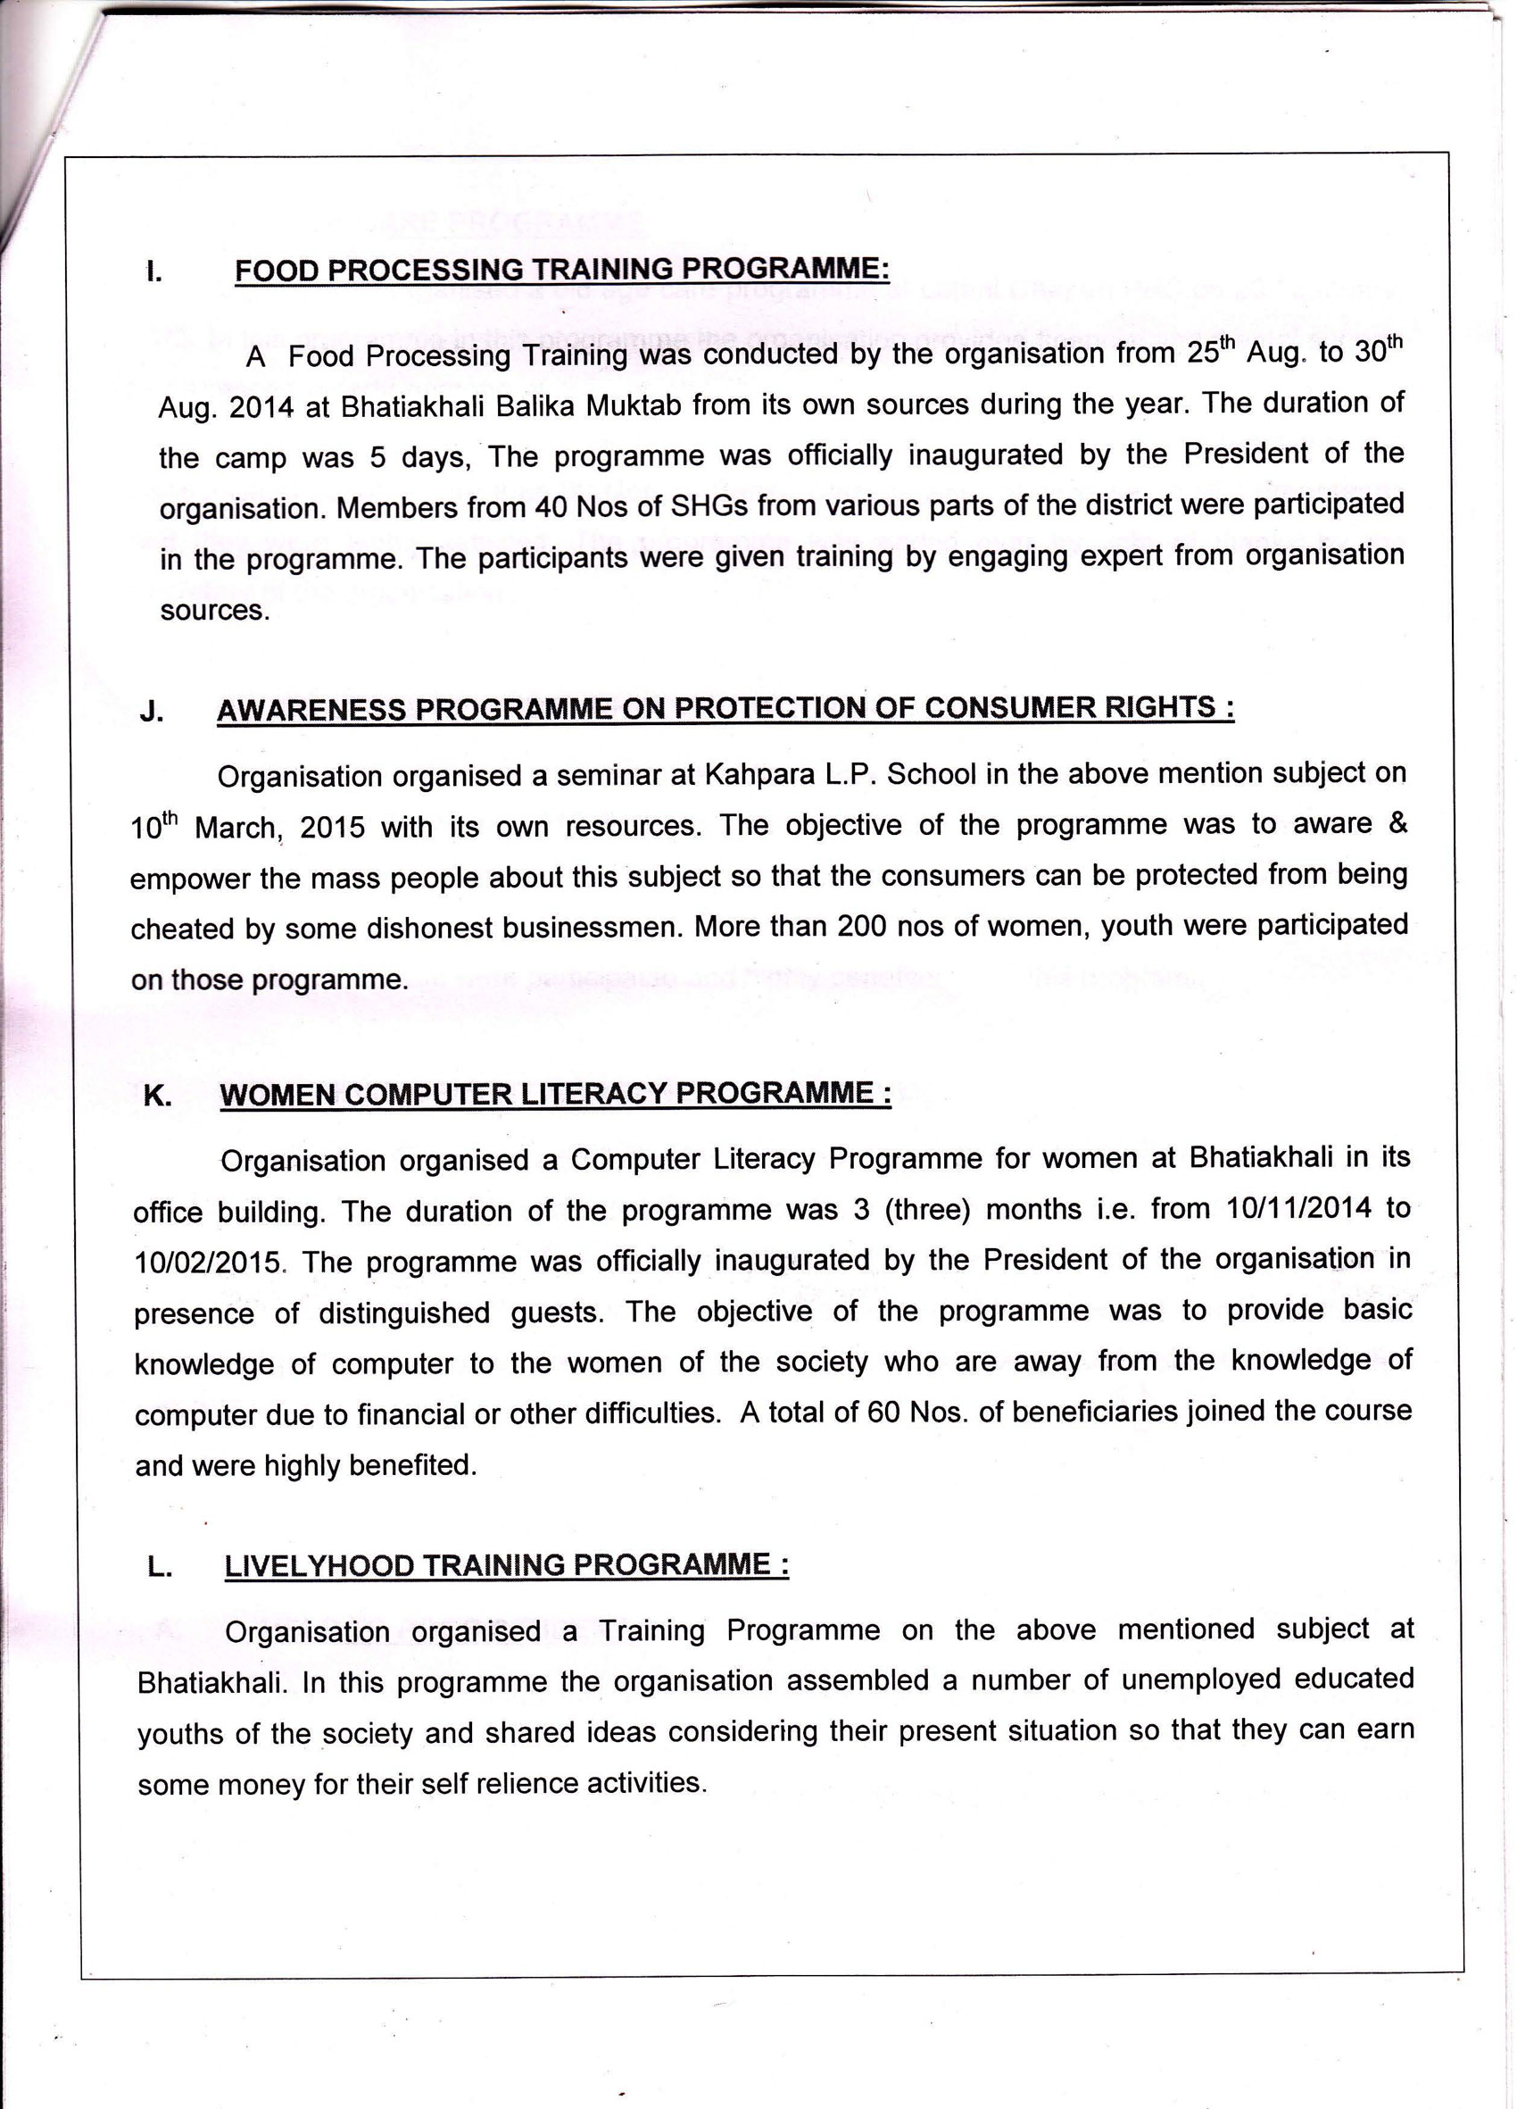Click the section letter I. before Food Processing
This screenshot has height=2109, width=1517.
154,272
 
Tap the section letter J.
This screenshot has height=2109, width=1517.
152,713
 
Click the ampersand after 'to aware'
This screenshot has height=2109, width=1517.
1397,823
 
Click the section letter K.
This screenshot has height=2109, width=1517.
157,1096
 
